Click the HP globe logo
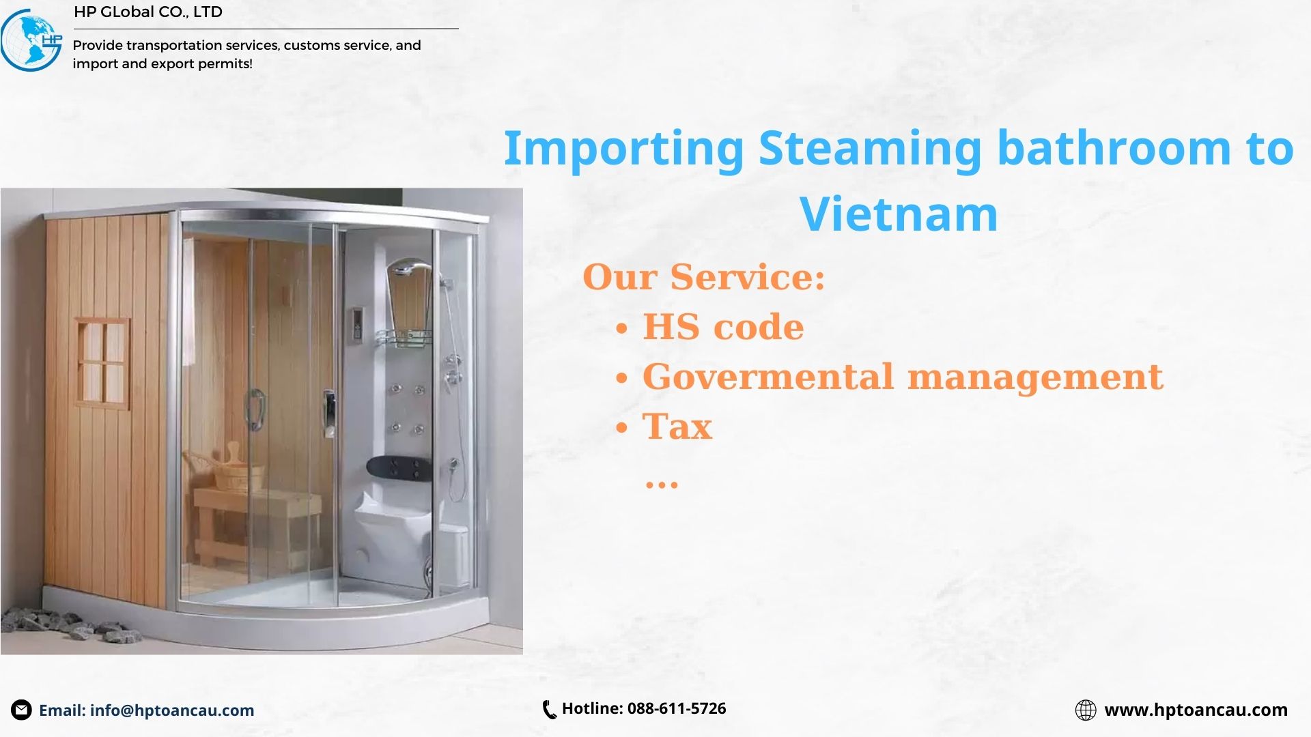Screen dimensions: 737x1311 pyautogui.click(x=31, y=40)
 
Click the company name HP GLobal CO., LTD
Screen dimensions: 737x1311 pyautogui.click(x=147, y=12)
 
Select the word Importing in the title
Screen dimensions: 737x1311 pyautogui.click(x=623, y=149)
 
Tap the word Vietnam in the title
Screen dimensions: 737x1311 pyautogui.click(x=898, y=214)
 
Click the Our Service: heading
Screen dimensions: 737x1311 pyautogui.click(x=703, y=277)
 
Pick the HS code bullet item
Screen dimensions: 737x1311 pyautogui.click(x=722, y=327)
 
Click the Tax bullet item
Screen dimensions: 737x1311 pyautogui.click(x=676, y=427)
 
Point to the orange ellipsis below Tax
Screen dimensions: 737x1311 pyautogui.click(x=661, y=485)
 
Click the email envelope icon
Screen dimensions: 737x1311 pyautogui.click(x=21, y=710)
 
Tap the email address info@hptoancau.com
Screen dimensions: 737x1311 pyautogui.click(x=171, y=710)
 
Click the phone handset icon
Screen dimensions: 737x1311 pyautogui.click(x=549, y=710)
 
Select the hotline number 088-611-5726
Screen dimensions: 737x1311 pyautogui.click(x=676, y=708)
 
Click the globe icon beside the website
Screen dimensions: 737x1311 pyautogui.click(x=1085, y=710)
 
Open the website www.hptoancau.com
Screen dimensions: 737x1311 pyautogui.click(x=1196, y=710)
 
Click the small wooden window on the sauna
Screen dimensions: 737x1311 pyautogui.click(x=102, y=362)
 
